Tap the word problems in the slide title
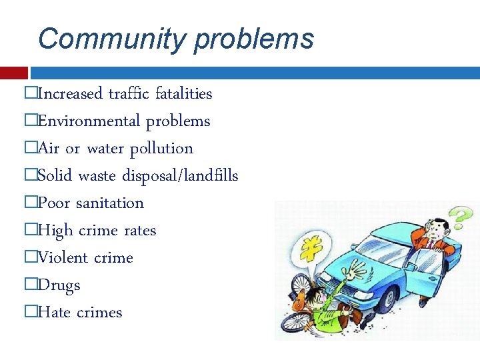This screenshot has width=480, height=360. coord(253,38)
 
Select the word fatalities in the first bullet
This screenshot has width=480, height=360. coord(183,93)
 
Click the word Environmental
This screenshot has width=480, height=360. coord(89,121)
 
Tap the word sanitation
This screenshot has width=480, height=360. coord(109,203)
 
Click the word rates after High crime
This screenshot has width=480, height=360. coord(139,230)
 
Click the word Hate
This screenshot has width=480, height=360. coord(53,312)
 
